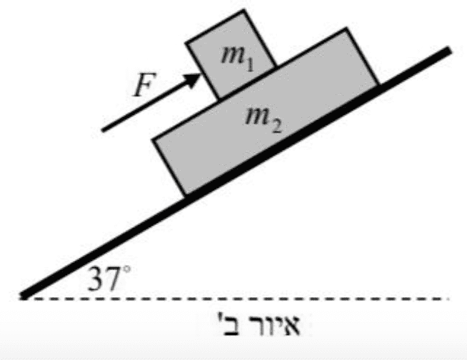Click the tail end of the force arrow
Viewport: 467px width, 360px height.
(104, 130)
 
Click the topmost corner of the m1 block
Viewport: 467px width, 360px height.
(245, 10)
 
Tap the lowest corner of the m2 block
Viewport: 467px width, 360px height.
(185, 194)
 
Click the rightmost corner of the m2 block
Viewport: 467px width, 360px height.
(378, 84)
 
